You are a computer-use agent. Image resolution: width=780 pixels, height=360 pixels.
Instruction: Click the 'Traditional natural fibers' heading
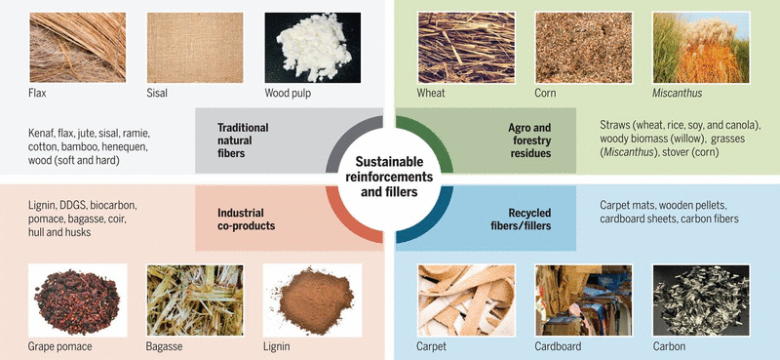pyautogui.click(x=243, y=140)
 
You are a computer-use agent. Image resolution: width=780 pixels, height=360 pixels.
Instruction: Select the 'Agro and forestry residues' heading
pyautogui.click(x=529, y=140)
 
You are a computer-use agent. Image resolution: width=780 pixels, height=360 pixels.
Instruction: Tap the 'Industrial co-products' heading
pyautogui.click(x=244, y=219)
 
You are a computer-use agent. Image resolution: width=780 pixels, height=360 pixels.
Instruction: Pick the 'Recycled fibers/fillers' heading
pyautogui.click(x=528, y=219)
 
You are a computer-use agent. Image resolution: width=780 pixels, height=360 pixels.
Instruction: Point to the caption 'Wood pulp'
pyautogui.click(x=289, y=95)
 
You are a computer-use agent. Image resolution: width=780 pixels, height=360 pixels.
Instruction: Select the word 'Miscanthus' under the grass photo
pyautogui.click(x=678, y=95)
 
